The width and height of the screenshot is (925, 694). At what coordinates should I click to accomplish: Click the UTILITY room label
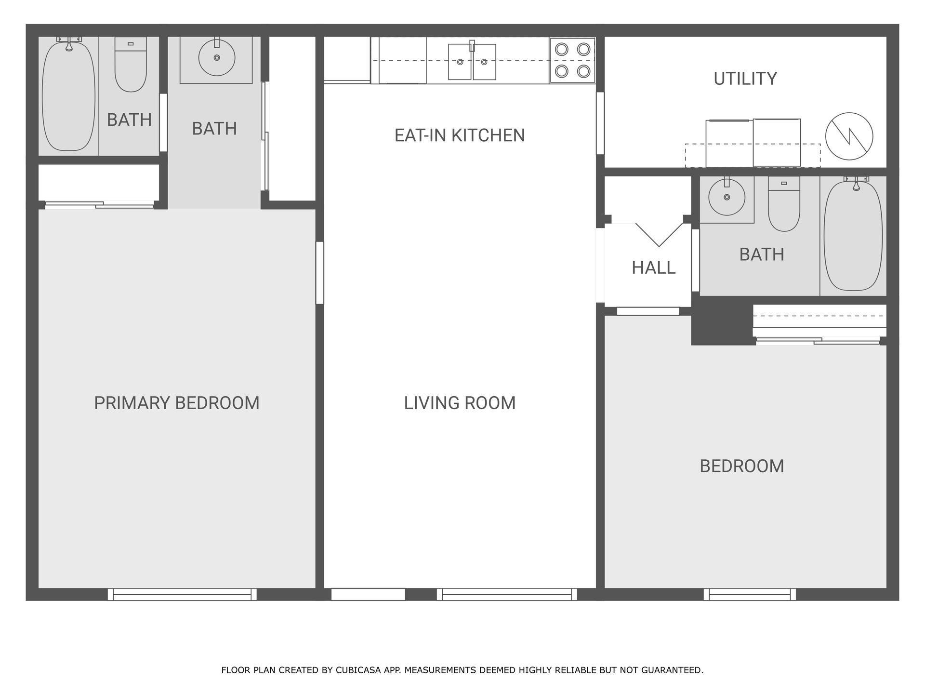pos(745,79)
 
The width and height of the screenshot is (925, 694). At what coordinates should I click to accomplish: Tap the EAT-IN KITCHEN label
pos(460,135)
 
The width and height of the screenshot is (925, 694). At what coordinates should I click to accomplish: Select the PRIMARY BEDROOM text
pos(176,403)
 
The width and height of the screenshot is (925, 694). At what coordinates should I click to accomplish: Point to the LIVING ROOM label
pos(460,403)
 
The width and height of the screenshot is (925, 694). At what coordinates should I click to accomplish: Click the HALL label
pos(653,267)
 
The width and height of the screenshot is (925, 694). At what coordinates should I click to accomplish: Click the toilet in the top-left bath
pos(131,65)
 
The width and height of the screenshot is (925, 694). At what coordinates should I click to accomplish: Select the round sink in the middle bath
pos(217,57)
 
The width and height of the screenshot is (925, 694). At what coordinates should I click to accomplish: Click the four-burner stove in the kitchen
pos(572,60)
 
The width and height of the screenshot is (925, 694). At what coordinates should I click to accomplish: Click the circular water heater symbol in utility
pos(849,136)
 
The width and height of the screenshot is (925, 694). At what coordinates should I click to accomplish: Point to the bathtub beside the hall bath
pos(853,235)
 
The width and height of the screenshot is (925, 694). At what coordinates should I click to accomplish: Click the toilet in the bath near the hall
pos(784,203)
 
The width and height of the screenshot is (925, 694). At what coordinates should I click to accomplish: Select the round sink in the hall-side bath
pos(727,197)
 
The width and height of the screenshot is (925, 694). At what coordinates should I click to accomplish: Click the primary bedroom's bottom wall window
pos(182,594)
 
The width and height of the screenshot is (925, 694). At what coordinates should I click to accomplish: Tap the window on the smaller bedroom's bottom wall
pos(750,594)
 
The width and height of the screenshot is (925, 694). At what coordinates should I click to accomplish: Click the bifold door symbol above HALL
pos(659,235)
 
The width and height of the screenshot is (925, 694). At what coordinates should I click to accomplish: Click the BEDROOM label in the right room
pos(742,466)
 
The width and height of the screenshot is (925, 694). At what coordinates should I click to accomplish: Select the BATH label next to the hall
pos(762,254)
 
